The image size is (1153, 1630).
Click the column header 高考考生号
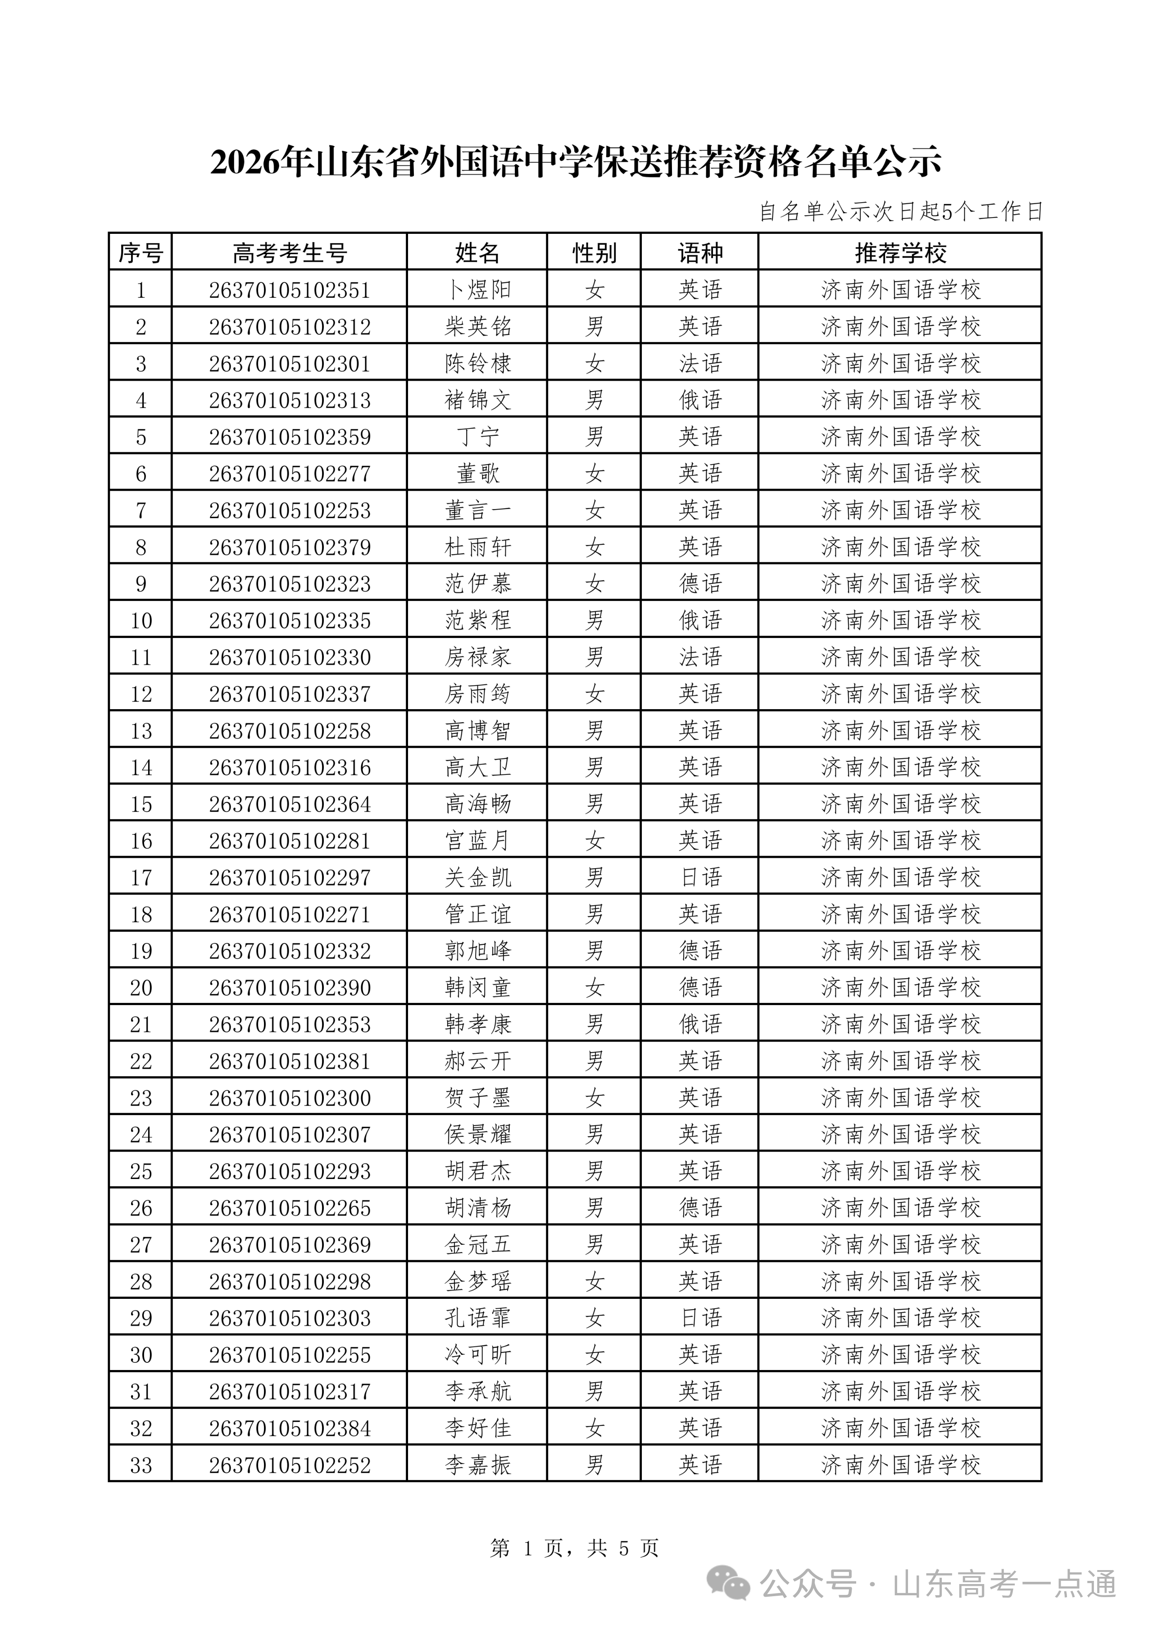pos(289,253)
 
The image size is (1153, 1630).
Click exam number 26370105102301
pos(289,364)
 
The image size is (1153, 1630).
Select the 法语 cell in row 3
pos(699,364)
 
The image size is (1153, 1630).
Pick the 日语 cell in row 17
pos(699,878)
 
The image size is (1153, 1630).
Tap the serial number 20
pos(141,988)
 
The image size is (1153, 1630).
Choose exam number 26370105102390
pos(289,988)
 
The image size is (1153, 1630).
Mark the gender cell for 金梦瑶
pos(594,1282)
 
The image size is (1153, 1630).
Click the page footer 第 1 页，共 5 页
pos(574,1548)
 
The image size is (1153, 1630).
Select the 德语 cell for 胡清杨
pos(699,1209)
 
